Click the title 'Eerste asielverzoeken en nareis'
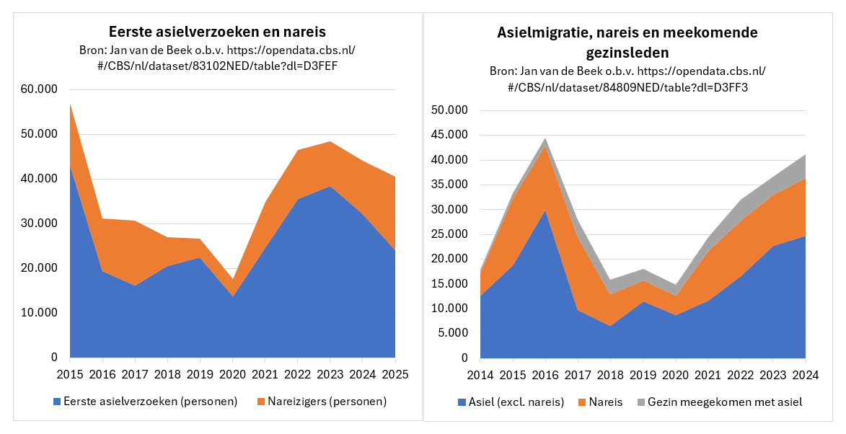[217, 32]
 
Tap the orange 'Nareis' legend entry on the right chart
[602, 402]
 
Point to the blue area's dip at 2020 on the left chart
[232, 296]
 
